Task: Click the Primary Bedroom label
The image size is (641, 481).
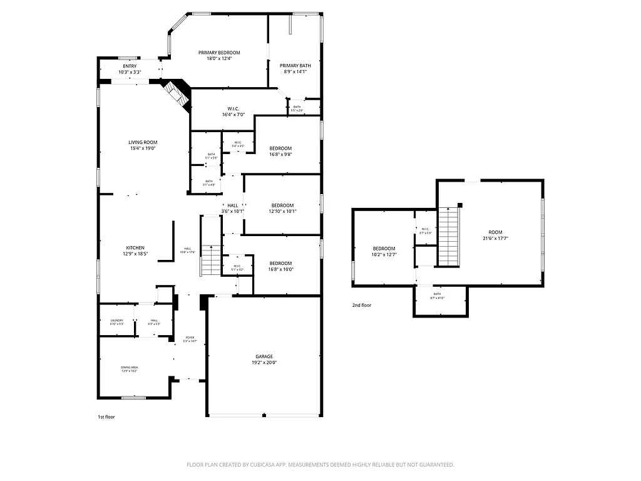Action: [x=219, y=56]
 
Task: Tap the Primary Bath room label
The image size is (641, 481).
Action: [x=295, y=68]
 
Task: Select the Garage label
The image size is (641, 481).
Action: [x=264, y=359]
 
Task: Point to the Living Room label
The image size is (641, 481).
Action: [x=143, y=145]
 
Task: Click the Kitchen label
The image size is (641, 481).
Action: [x=136, y=251]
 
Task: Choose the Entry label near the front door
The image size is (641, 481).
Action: [x=130, y=69]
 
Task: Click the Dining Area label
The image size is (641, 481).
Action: [x=130, y=369]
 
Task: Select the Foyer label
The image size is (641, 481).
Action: [x=190, y=339]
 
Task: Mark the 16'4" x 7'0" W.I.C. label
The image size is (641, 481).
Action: [x=233, y=111]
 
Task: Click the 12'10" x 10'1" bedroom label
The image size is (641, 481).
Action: [x=282, y=208]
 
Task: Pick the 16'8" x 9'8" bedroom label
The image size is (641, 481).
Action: [x=280, y=151]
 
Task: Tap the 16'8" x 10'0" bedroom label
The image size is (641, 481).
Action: [x=280, y=266]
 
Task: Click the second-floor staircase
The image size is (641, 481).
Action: [x=449, y=236]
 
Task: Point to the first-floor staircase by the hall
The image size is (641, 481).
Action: [x=211, y=261]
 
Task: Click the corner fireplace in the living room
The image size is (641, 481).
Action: [x=177, y=95]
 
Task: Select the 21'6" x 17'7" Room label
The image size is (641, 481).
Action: [x=496, y=234]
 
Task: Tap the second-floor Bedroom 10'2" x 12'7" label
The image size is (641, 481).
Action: [x=384, y=251]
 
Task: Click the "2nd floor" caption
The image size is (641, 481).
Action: [x=361, y=306]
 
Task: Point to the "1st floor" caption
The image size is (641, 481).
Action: [x=106, y=416]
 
